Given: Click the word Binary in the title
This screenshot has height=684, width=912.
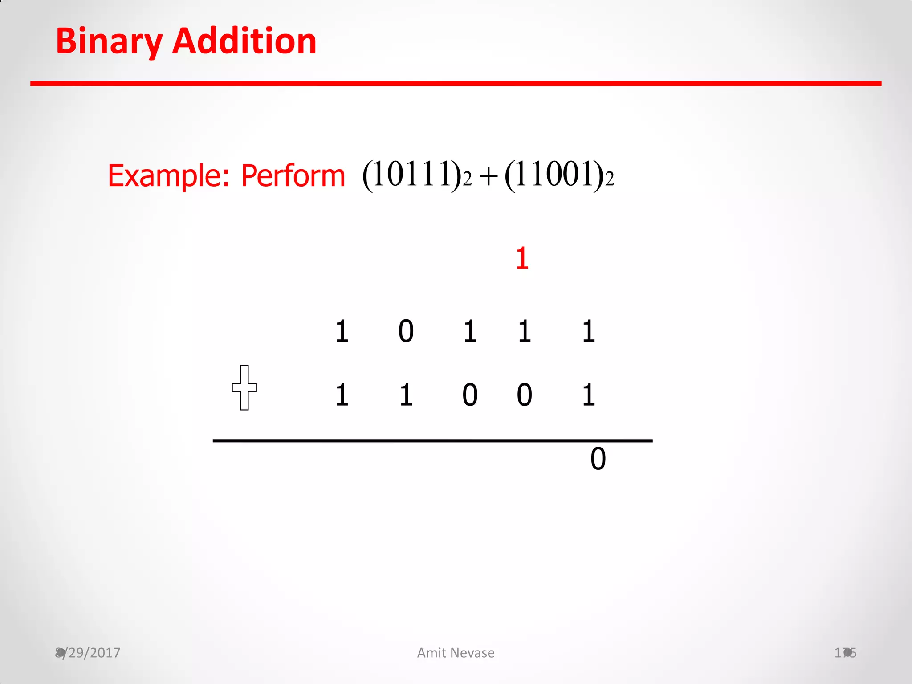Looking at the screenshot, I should click(x=109, y=41).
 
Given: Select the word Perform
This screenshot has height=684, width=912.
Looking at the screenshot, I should click(x=293, y=175).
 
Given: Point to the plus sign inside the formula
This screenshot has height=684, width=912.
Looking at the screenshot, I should click(x=488, y=176).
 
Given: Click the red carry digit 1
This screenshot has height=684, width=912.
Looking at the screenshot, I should click(x=522, y=258).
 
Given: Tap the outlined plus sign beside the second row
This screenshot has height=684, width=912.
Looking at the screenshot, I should click(x=244, y=387).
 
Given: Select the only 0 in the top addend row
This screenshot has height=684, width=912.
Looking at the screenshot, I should click(x=406, y=331).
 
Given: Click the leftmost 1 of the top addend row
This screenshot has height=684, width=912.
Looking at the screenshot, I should click(x=342, y=331).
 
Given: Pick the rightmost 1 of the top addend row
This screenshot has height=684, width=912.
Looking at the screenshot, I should click(x=588, y=331).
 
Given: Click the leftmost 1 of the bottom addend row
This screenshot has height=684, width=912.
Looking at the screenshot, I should click(x=342, y=395).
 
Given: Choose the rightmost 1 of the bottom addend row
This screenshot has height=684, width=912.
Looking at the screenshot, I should click(x=588, y=395).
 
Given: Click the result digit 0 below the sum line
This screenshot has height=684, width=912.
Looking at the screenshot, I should click(x=598, y=459).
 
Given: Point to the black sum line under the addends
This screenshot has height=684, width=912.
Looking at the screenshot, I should click(x=432, y=440).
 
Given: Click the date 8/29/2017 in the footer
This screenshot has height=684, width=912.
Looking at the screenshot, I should click(x=88, y=653).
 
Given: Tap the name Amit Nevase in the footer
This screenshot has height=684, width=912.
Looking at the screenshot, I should click(x=456, y=653).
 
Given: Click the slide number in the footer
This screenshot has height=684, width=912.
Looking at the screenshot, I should click(x=845, y=653).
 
